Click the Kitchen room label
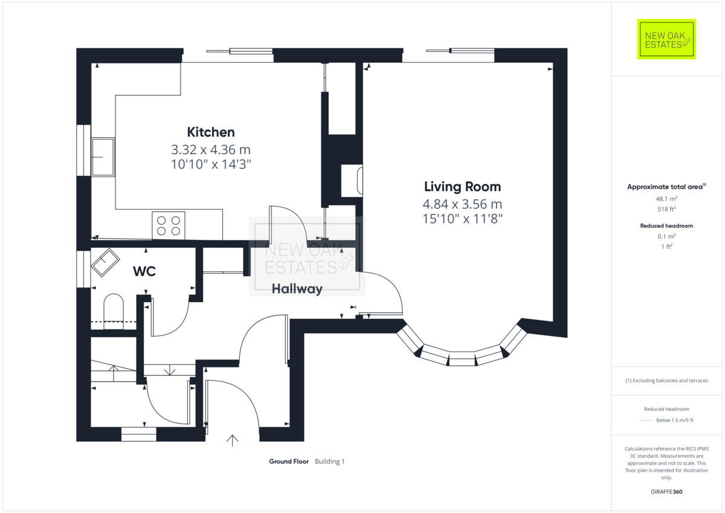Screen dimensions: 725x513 click(210, 132)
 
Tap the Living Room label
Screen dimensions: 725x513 click(462, 187)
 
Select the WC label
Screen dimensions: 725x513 click(144, 272)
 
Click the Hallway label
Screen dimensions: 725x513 click(297, 289)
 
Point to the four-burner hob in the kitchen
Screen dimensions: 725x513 click(169, 225)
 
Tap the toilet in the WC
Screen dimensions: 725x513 click(113, 308)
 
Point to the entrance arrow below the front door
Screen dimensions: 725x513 click(233, 439)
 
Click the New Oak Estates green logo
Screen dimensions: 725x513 click(667, 39)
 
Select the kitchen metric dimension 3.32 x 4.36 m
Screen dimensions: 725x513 click(210, 149)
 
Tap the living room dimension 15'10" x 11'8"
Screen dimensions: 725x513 click(462, 218)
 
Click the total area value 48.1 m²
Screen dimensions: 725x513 click(666, 198)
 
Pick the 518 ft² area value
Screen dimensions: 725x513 click(666, 209)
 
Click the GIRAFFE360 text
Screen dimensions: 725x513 click(666, 492)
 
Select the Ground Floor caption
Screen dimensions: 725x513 click(289, 462)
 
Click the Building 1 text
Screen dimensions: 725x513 click(329, 462)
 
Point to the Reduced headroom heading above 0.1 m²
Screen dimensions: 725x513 click(666, 225)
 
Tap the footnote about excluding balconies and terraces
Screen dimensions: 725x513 click(666, 381)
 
